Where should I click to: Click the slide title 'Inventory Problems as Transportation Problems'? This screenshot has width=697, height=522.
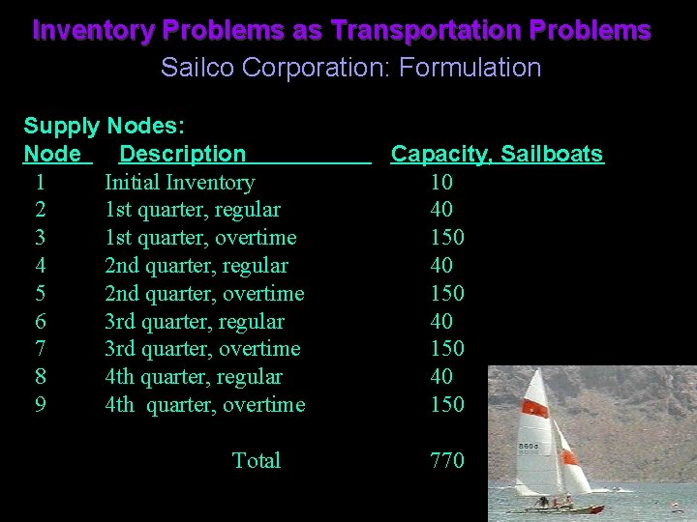(x=342, y=30)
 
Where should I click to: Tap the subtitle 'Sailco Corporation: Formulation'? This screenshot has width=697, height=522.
(x=350, y=68)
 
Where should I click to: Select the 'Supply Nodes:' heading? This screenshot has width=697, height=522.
(x=105, y=126)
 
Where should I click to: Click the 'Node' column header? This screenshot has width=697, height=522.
(x=52, y=154)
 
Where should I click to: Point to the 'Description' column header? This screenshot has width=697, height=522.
(x=183, y=154)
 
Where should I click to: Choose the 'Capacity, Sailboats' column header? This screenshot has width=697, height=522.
(x=497, y=154)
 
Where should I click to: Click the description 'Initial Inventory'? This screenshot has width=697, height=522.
(x=179, y=182)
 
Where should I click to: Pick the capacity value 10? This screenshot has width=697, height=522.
(x=441, y=182)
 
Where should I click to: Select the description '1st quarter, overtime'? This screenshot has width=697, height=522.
(x=200, y=238)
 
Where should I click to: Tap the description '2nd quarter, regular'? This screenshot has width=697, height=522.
(x=196, y=266)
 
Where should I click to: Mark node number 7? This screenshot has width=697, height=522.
(x=40, y=349)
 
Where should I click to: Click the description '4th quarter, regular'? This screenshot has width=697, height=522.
(x=194, y=377)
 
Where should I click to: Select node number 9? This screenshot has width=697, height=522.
(x=40, y=405)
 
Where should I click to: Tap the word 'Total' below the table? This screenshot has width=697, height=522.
(x=257, y=461)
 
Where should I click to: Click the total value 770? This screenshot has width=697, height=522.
(x=447, y=461)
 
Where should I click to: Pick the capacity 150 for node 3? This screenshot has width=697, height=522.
(x=447, y=238)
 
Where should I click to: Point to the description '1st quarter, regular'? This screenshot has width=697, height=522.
(x=193, y=210)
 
